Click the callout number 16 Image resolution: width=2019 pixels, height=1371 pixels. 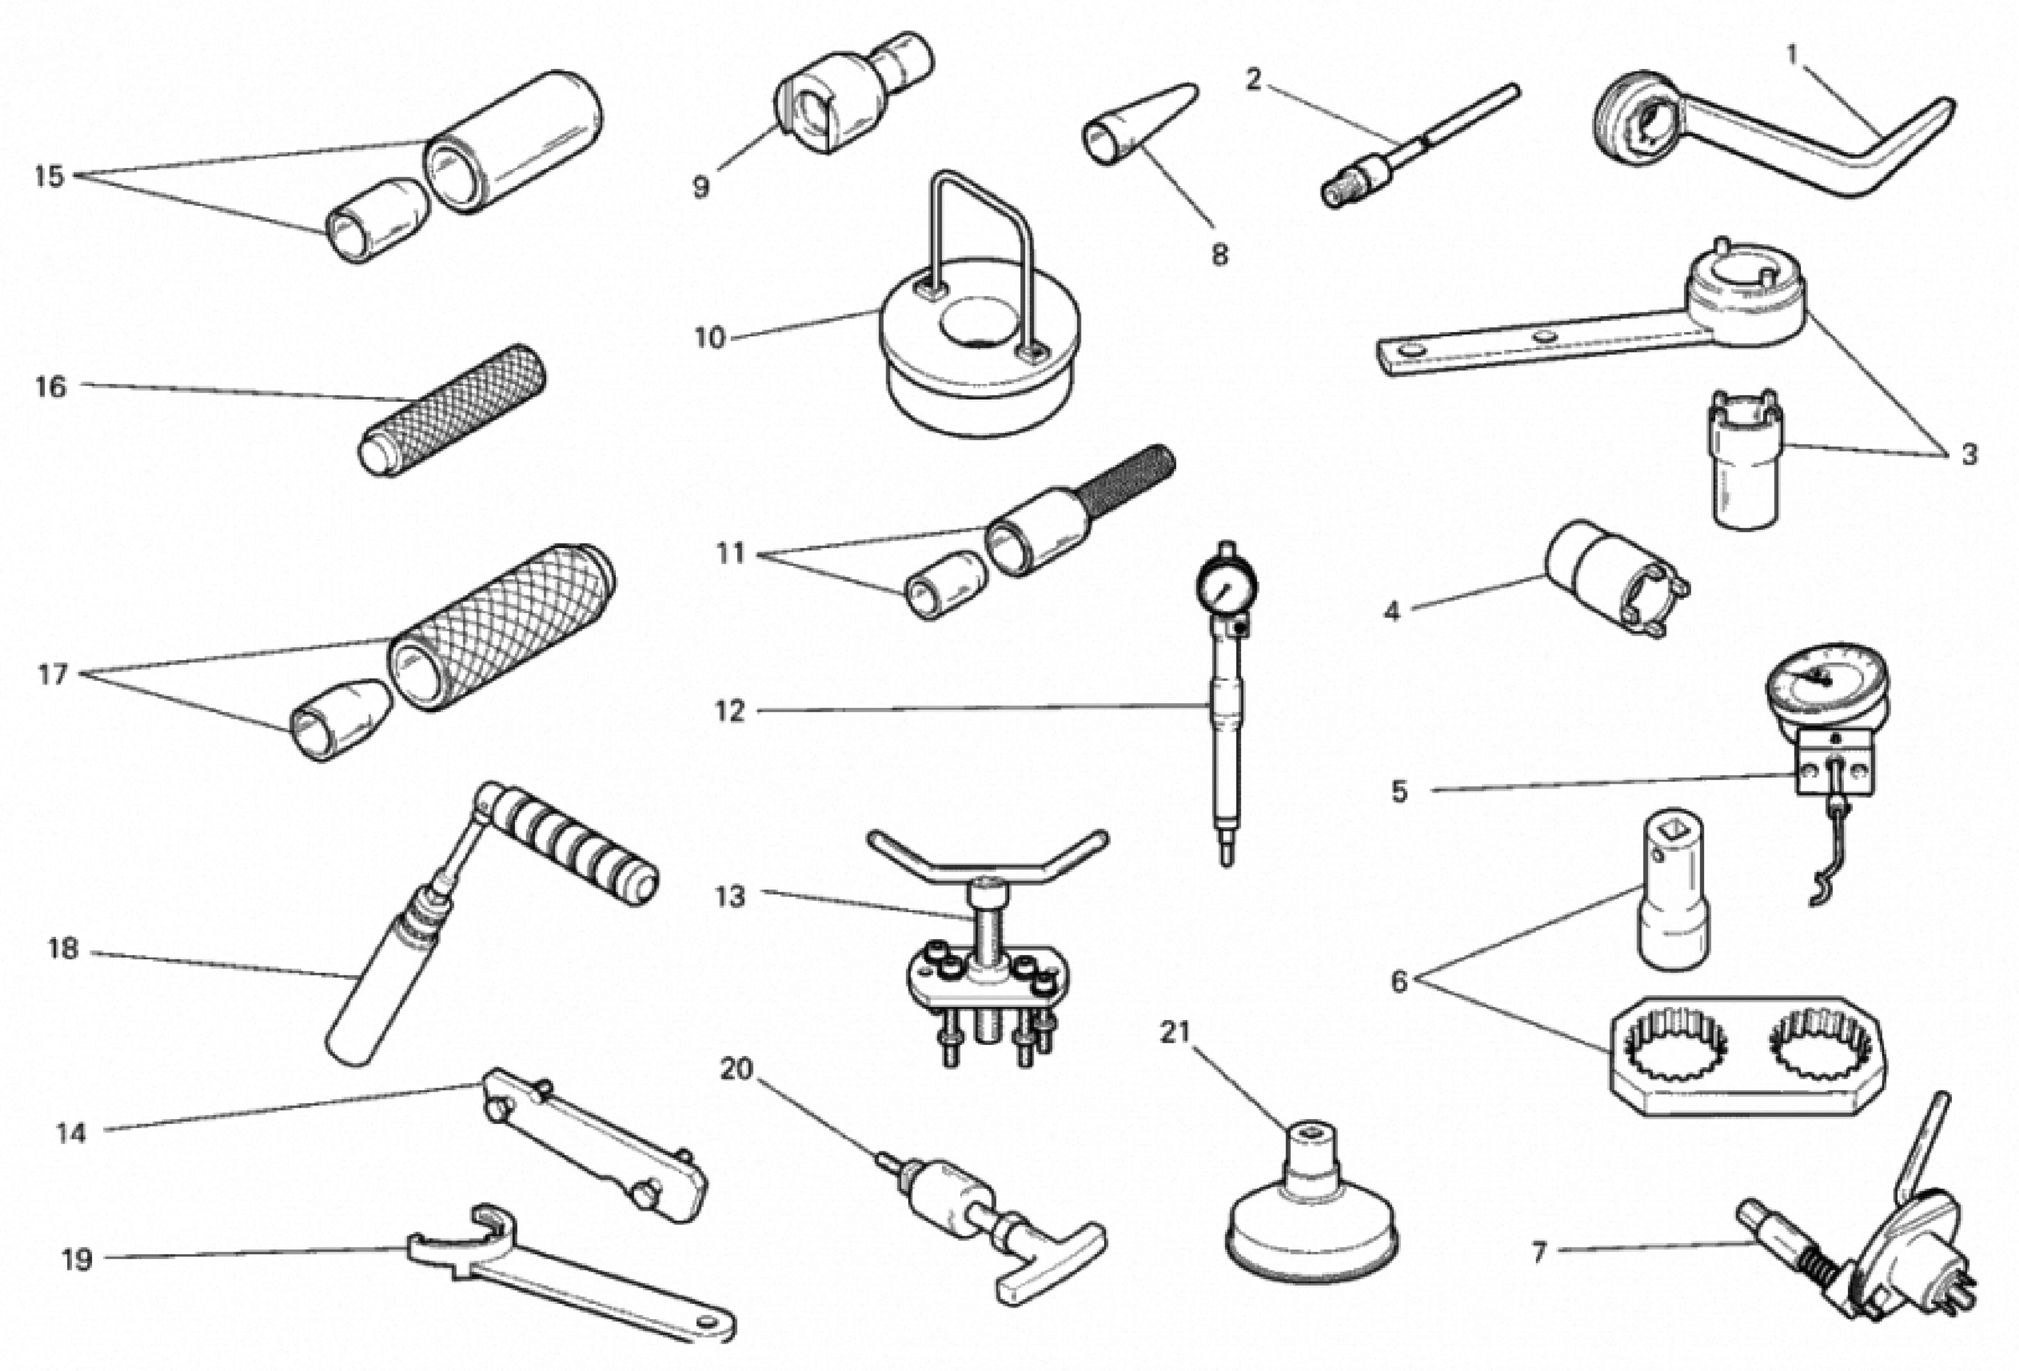click(50, 387)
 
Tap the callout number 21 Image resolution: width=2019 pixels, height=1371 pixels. click(1175, 1032)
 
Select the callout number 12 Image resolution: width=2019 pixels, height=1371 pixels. click(730, 711)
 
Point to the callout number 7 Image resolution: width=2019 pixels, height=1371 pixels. click(1539, 1252)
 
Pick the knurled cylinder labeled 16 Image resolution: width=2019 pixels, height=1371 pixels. click(453, 410)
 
